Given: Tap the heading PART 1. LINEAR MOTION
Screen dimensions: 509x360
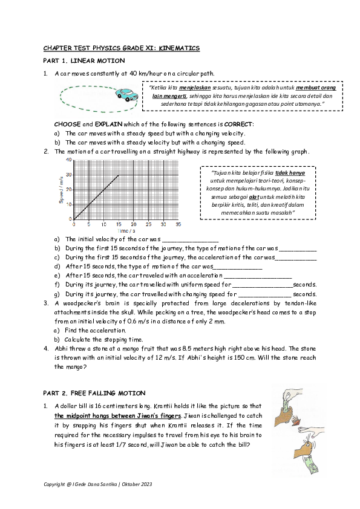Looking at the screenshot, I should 84,61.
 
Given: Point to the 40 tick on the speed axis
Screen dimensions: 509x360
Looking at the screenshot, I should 69,160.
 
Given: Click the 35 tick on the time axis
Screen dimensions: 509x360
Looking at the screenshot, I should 178,224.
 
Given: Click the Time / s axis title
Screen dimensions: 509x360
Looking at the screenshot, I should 126,231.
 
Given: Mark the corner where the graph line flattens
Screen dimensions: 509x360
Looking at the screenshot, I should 118,175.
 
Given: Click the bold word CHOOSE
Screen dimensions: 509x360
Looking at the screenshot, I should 67,124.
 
